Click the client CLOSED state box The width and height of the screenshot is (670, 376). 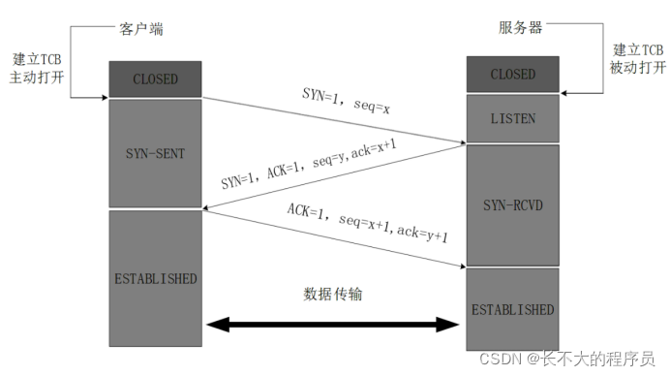pos(154,79)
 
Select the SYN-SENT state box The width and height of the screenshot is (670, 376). pos(154,154)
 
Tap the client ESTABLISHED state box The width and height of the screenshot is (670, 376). pos(154,279)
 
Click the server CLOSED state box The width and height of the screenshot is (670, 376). pos(512,75)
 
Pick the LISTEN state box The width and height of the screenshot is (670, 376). pos(512,118)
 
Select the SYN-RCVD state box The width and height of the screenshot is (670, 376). pos(512,205)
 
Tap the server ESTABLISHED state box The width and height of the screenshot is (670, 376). pos(512,310)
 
